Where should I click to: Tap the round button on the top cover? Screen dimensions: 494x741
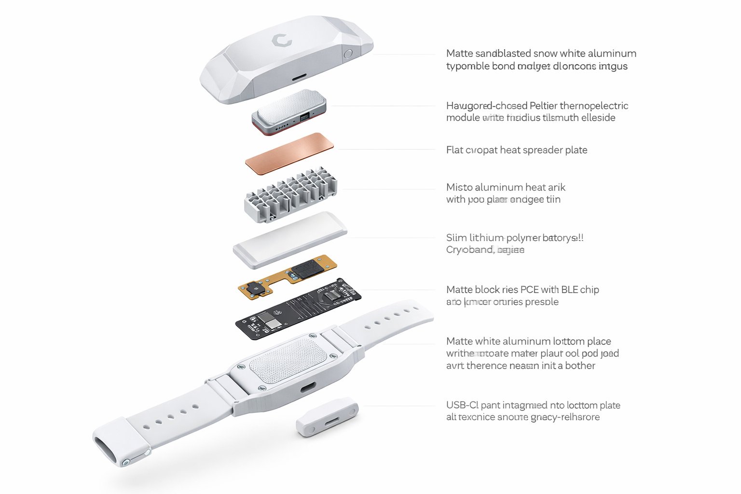[x=348, y=54]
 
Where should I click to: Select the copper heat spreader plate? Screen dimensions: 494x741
[x=289, y=153]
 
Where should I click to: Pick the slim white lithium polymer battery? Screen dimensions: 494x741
[x=290, y=240]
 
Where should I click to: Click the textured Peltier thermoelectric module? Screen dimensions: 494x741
[x=288, y=110]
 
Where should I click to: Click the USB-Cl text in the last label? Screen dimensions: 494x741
[x=462, y=405]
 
